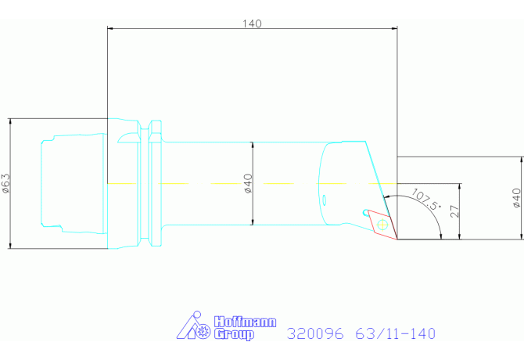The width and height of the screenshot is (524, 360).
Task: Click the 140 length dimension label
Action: pos(252,23)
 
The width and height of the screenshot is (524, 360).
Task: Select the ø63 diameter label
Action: pos(6,183)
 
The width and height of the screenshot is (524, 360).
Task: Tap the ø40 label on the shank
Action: pos(248,183)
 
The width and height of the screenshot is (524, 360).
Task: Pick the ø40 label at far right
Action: pos(517,198)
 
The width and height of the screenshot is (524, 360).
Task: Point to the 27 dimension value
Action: pos(455,211)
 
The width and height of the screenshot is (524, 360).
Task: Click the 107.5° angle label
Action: pos(426,200)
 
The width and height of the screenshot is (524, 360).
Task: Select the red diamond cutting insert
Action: pos(382,225)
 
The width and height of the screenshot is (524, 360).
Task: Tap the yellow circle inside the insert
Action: pos(382,225)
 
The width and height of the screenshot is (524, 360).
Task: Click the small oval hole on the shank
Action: pos(324,200)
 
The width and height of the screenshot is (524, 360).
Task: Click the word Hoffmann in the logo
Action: pos(246,322)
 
